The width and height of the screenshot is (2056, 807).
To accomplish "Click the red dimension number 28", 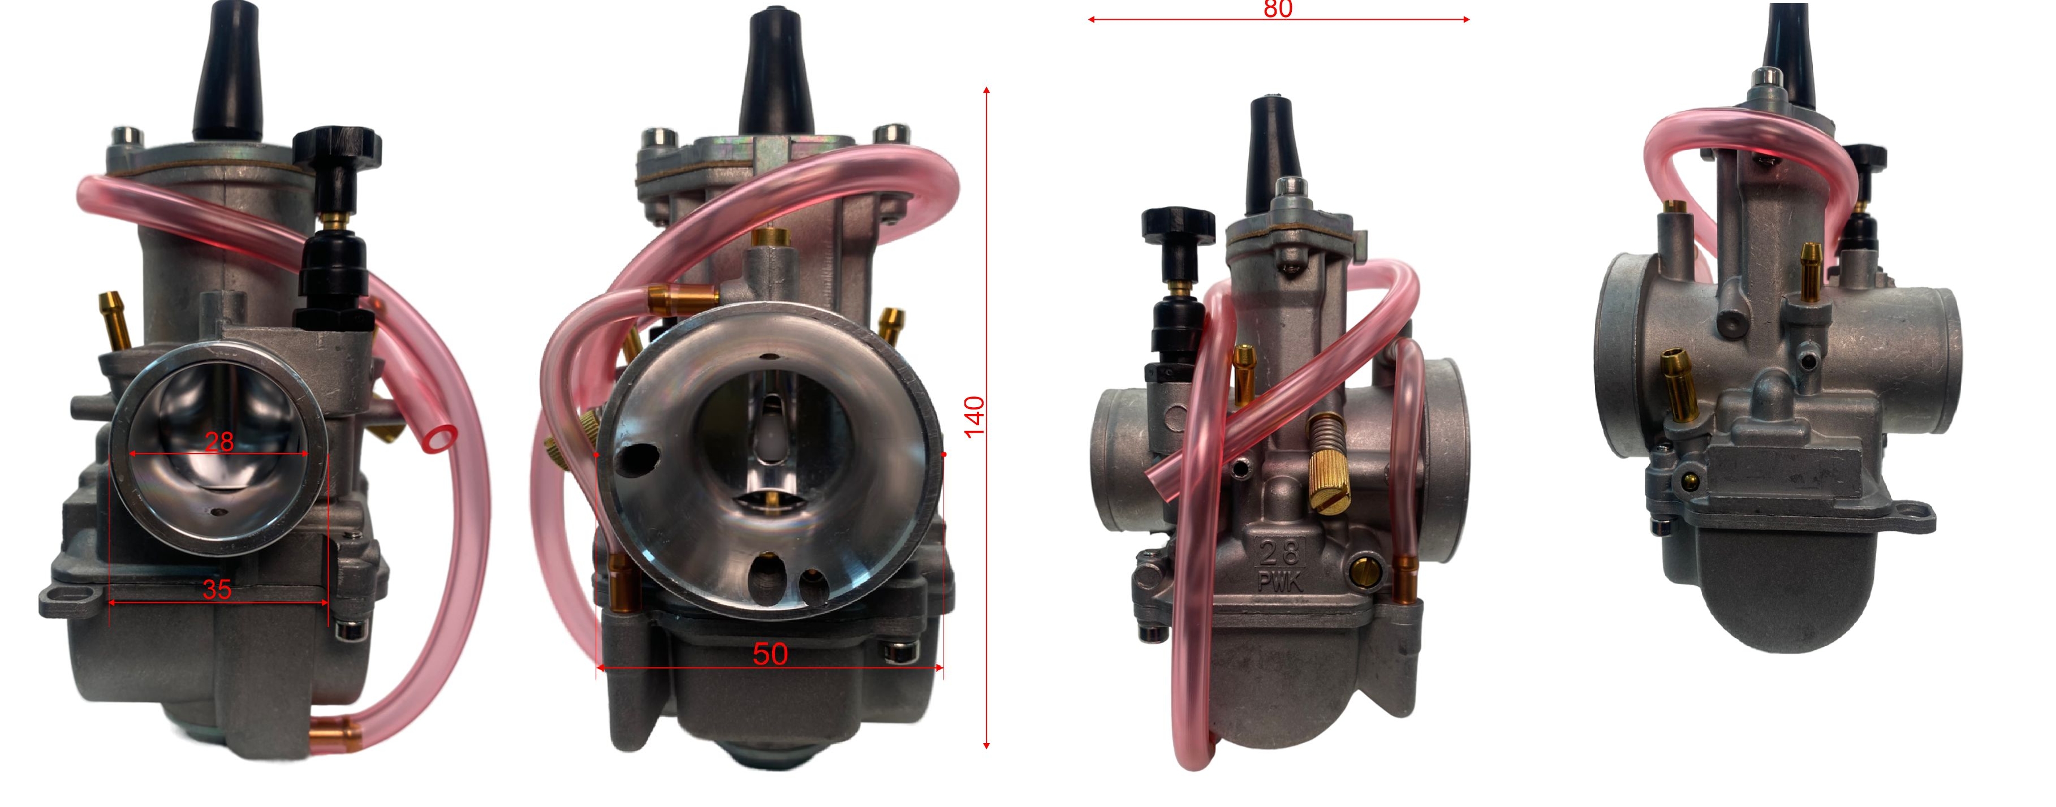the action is pyautogui.click(x=219, y=442).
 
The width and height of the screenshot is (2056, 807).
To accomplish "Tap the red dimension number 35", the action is pyautogui.click(x=217, y=589).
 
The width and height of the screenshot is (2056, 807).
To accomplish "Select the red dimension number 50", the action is pyautogui.click(x=770, y=654).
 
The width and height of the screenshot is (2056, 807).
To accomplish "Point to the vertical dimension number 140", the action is pyautogui.click(x=975, y=417).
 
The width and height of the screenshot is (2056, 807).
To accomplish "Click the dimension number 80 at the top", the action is pyautogui.click(x=1278, y=9).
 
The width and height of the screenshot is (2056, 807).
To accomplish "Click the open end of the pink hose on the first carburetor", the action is pyautogui.click(x=440, y=438).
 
